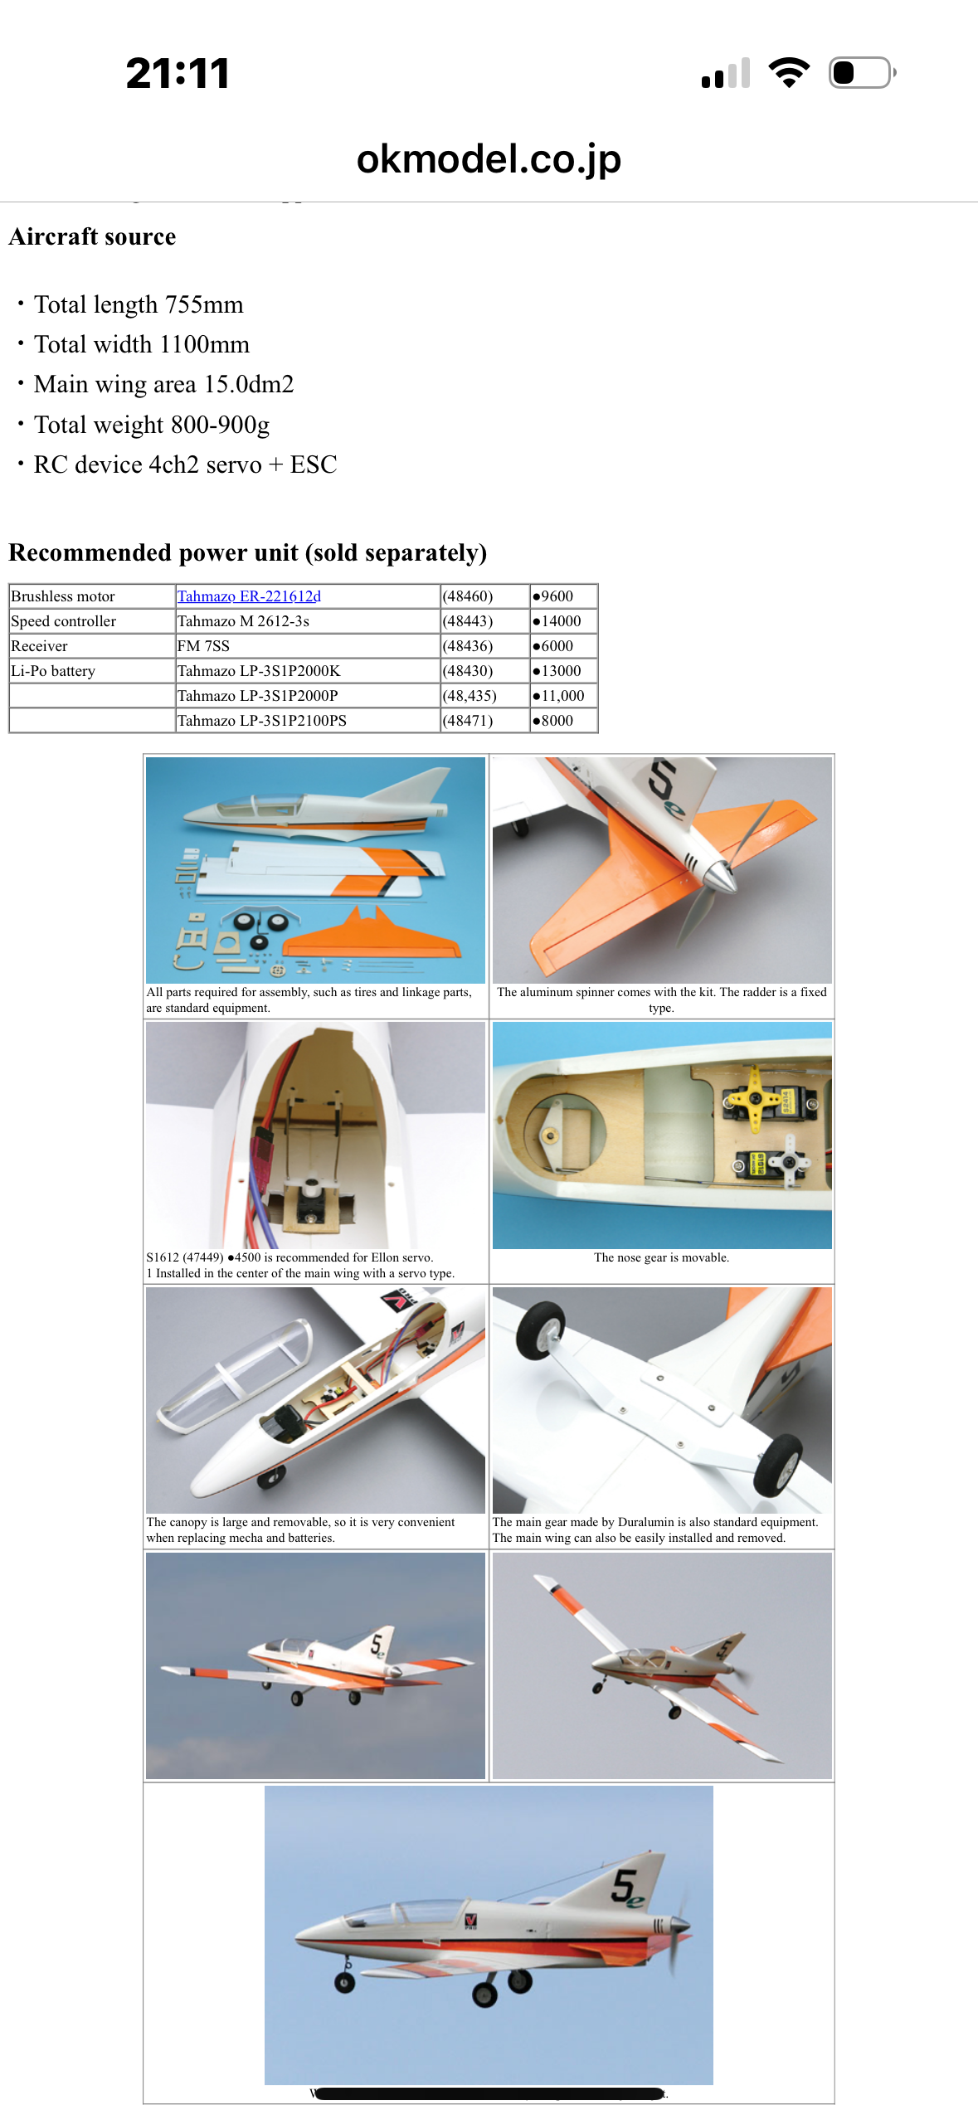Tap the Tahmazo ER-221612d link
249,596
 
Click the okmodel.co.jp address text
489,159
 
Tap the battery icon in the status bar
863,73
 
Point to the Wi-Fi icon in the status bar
789,73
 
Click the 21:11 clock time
178,73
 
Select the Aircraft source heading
92,237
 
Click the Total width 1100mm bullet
141,344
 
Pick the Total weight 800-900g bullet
152,425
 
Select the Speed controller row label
64,621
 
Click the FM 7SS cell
203,646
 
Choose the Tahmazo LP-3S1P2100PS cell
262,721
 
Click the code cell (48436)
468,646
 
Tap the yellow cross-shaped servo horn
754,1098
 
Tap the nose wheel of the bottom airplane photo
344,1982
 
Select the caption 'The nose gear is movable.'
661,1257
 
